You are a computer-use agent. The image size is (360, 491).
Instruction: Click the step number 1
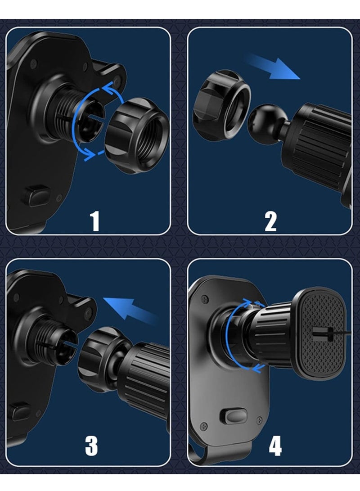pos(95,221)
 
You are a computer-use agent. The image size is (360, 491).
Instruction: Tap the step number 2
pos(271,221)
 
